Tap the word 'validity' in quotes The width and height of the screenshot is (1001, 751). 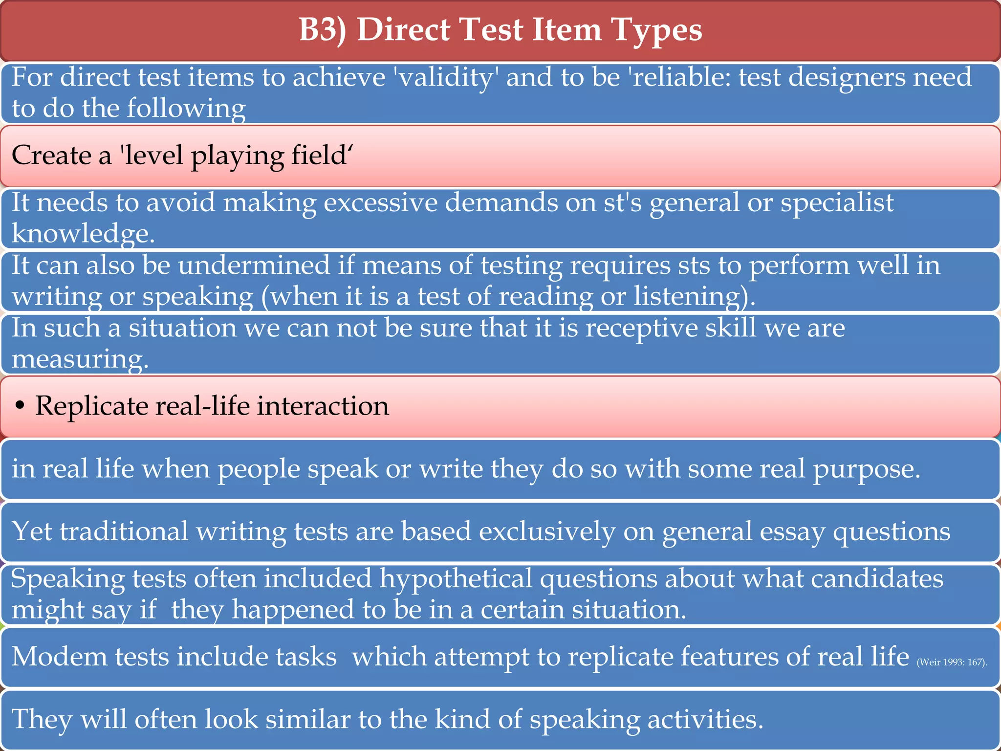[x=446, y=78]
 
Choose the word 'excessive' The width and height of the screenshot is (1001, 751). [x=380, y=202]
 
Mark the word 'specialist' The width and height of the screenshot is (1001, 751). [x=837, y=202]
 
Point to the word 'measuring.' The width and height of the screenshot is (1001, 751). [x=80, y=359]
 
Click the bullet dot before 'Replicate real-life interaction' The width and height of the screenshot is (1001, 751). [x=20, y=406]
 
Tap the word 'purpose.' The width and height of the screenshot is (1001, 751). [x=867, y=469]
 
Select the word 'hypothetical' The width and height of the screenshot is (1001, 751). [x=456, y=579]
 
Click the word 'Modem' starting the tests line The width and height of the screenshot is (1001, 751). [x=59, y=657]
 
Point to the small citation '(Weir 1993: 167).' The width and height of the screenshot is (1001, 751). [x=952, y=663]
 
